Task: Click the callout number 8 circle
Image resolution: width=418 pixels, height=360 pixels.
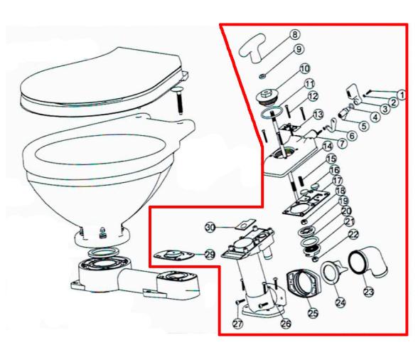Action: coord(294,35)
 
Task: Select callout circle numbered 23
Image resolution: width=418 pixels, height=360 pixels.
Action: coord(369,292)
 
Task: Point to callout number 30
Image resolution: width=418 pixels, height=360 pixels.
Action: coord(210,228)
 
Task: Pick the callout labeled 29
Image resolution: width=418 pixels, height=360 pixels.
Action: coord(210,255)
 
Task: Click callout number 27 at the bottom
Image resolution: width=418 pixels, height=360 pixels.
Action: coord(237,324)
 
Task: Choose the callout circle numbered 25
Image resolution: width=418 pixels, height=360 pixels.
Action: coord(313,313)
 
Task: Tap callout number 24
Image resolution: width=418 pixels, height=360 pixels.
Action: coord(341,302)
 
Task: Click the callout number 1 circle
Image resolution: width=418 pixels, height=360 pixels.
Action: coord(402,94)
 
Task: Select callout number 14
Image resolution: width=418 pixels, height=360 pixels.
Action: coord(328,147)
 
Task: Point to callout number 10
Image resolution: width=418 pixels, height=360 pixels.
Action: coord(305,68)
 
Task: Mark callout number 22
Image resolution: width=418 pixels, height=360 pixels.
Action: coord(354,234)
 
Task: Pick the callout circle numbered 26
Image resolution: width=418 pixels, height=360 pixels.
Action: coord(286,324)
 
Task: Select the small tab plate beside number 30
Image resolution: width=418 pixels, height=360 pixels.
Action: coord(245,223)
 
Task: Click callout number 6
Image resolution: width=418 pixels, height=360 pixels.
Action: coord(353,136)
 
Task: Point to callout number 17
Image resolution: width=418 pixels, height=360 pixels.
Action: coord(337,181)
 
